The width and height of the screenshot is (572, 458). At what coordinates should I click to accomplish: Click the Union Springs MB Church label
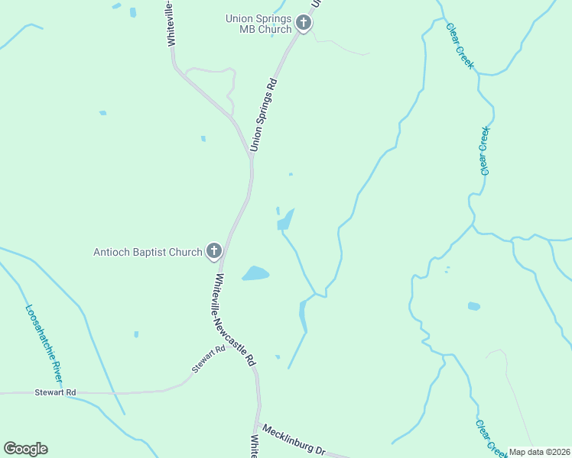click(x=258, y=24)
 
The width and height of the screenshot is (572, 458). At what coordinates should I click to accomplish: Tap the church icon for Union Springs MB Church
click(x=304, y=23)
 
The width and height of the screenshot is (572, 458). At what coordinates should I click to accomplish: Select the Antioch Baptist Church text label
click(x=148, y=251)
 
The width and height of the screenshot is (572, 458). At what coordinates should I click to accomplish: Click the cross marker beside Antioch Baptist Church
click(x=213, y=251)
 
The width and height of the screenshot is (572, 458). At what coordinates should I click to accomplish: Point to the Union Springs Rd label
click(x=262, y=114)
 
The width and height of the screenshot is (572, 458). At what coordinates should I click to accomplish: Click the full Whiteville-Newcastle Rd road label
click(x=234, y=321)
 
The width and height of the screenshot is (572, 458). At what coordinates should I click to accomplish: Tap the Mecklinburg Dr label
click(x=294, y=440)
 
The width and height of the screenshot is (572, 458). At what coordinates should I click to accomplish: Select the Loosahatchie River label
click(x=44, y=344)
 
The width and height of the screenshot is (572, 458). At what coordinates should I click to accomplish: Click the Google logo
click(x=25, y=449)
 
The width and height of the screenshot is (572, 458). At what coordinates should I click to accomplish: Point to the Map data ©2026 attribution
click(x=539, y=452)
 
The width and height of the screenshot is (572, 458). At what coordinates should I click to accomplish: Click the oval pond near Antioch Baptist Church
click(x=256, y=273)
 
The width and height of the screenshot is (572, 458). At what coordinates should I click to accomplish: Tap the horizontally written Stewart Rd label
click(x=56, y=392)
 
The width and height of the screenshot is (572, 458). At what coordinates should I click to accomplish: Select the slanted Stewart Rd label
click(x=209, y=359)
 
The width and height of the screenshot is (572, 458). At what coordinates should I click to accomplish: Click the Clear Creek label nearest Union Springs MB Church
click(x=460, y=46)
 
